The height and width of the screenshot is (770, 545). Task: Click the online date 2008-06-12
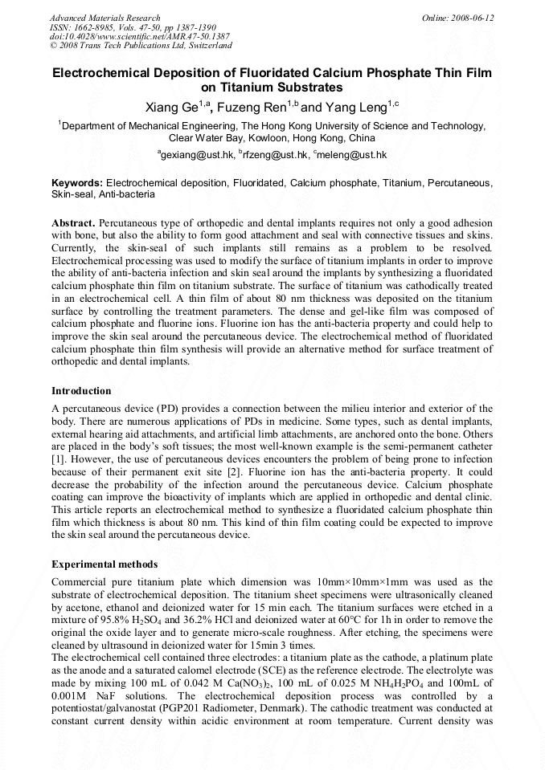point(473,18)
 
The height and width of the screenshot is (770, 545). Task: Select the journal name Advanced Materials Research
point(104,18)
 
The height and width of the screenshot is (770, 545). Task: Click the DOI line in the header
point(139,37)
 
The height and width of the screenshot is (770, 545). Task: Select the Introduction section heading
point(81,391)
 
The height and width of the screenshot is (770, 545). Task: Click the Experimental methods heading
point(104,564)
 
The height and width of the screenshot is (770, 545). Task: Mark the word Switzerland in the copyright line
point(205,47)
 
